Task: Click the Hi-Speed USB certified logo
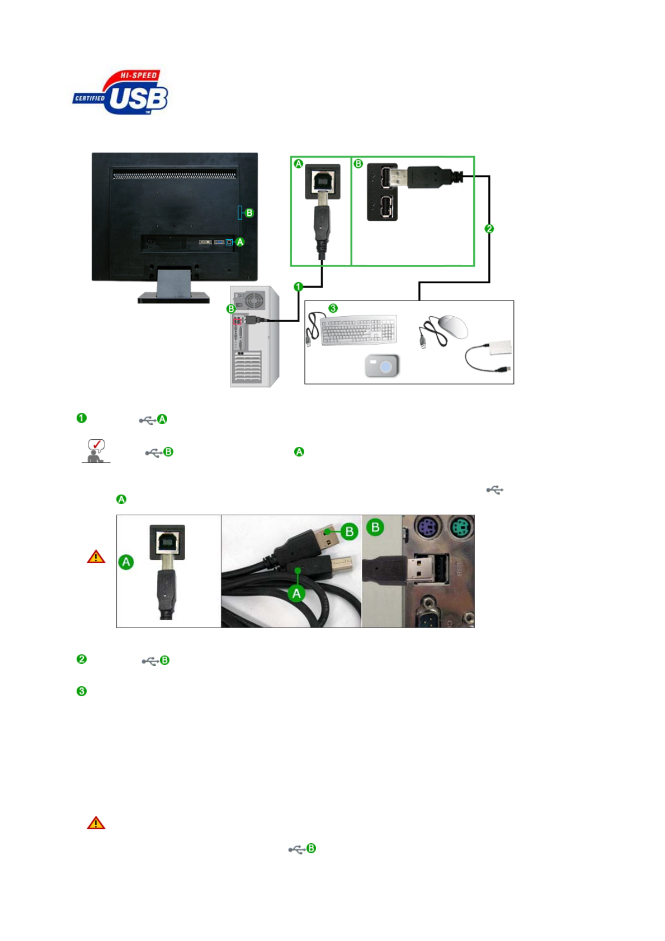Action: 121,93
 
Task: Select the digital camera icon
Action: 382,366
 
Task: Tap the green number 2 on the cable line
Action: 489,229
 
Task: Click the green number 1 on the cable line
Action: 298,287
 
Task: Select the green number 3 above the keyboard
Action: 333,308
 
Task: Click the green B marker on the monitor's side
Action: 249,213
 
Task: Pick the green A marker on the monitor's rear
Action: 240,242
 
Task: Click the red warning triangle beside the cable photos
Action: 96,557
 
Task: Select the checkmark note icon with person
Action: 96,451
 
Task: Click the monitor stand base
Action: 173,297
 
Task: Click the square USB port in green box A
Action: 323,180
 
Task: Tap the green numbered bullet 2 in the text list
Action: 82,659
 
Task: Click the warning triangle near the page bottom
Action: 96,823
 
